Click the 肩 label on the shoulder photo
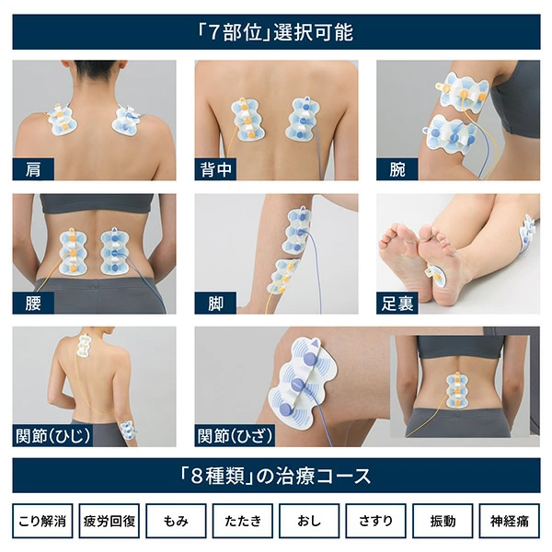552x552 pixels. click(x=33, y=169)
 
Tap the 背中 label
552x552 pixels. click(x=215, y=169)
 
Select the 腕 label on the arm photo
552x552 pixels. click(x=397, y=169)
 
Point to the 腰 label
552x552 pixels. click(x=33, y=303)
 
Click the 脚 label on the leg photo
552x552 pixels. click(x=215, y=303)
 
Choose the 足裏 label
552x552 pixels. click(x=397, y=303)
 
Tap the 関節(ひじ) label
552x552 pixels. click(x=52, y=436)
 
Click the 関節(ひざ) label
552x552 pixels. click(x=235, y=436)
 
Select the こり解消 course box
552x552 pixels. click(x=42, y=521)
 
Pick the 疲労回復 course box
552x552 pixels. click(x=109, y=521)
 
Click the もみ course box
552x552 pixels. click(x=176, y=521)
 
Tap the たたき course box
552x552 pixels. click(x=243, y=521)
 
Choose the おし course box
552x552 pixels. click(x=309, y=521)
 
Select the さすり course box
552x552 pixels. click(x=376, y=521)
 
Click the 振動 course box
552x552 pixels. click(x=443, y=521)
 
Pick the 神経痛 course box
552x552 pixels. click(x=510, y=521)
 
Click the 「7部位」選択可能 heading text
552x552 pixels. click(x=276, y=32)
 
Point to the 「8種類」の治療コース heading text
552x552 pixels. click(x=276, y=476)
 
